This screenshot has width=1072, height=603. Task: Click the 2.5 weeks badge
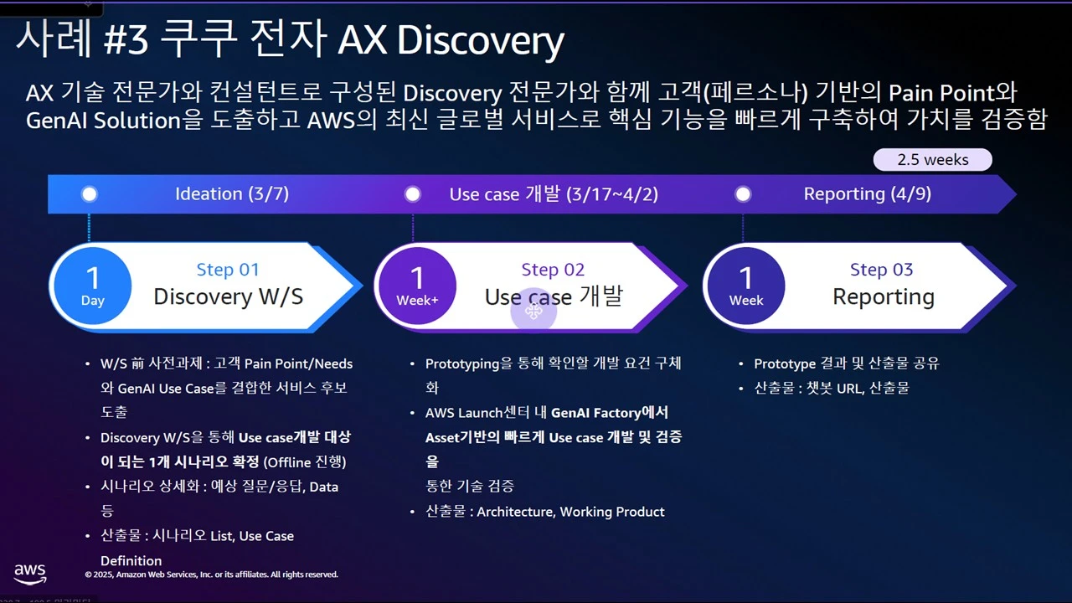coord(932,159)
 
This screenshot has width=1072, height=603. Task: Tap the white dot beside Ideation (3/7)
coord(90,194)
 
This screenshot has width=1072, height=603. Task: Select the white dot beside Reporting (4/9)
coord(743,194)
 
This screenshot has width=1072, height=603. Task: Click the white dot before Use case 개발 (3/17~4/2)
coord(413,194)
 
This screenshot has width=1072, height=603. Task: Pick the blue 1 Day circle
coord(92,286)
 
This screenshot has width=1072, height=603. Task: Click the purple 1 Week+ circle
coord(417,286)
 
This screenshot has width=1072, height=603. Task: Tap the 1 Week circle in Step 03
coord(746,286)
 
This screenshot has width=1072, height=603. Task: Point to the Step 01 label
coord(228,270)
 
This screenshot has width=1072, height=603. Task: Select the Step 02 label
coord(553,270)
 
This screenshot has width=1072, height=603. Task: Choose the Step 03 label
coord(882,270)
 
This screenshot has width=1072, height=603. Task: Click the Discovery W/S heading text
coord(229,296)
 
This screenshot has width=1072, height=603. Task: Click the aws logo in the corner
coord(29,574)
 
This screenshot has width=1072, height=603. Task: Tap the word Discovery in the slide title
coord(481,41)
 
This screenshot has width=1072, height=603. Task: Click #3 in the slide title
coord(126,40)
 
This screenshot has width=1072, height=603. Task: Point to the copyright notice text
coord(212,575)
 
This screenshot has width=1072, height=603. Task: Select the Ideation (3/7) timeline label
coord(232,193)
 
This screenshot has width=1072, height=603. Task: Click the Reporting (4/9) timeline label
coord(867,193)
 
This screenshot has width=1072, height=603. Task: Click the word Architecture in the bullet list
coord(516,512)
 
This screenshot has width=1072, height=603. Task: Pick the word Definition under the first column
coord(131,560)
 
